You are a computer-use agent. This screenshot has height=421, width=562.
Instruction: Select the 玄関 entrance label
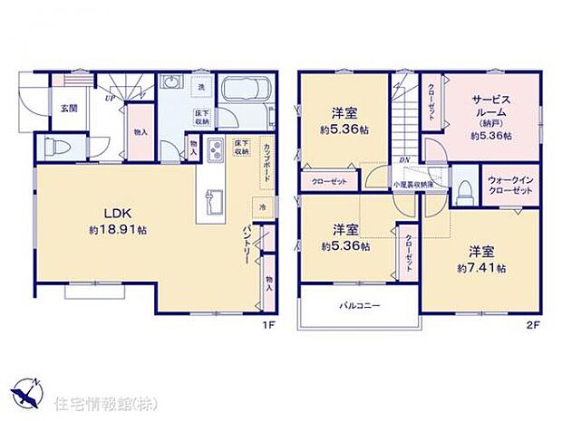pos(69,109)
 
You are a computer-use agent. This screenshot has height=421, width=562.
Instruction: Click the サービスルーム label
pos(491,110)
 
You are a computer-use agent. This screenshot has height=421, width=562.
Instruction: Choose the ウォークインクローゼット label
pos(509,184)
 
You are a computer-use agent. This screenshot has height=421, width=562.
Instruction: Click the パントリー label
pos(247,242)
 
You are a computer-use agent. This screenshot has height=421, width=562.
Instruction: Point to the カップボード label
pos(266,163)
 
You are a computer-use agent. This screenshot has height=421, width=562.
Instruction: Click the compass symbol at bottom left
pos(24,391)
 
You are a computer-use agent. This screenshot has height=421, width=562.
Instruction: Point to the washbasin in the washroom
pos(170,84)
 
